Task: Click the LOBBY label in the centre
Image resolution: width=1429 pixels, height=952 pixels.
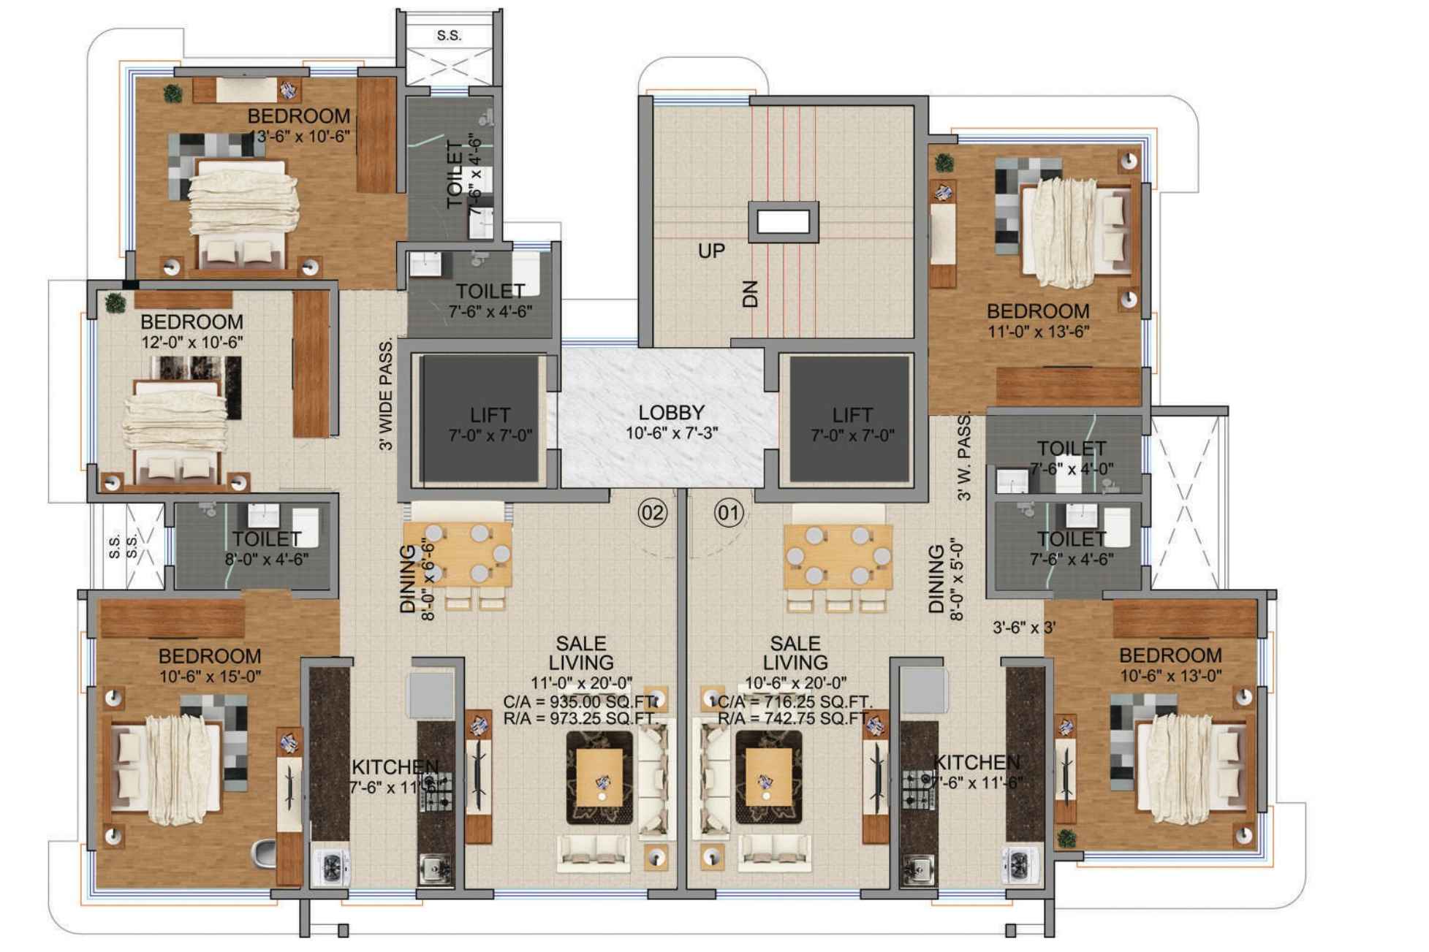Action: [671, 414]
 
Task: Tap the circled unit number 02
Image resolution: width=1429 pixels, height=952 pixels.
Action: [652, 513]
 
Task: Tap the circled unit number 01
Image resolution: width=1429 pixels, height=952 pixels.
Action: [728, 513]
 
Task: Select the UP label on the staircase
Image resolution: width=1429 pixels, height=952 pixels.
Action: [711, 251]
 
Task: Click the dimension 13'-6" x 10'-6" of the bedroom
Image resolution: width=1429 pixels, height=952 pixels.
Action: [300, 136]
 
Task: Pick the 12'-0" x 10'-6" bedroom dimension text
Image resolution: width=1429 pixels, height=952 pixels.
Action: [192, 342]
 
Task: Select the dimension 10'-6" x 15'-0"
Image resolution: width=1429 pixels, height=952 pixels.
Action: [211, 677]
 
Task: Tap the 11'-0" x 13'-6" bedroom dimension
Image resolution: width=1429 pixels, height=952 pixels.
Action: [1038, 332]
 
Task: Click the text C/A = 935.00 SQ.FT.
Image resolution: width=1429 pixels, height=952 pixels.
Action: [580, 702]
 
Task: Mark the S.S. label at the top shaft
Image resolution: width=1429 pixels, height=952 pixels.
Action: [449, 35]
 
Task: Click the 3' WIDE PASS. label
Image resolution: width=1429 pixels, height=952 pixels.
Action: [387, 395]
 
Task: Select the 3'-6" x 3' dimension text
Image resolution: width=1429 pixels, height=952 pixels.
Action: [1023, 627]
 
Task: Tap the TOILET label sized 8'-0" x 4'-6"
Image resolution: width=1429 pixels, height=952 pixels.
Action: [266, 539]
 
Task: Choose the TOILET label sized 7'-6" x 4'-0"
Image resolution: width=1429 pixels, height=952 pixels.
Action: [1072, 448]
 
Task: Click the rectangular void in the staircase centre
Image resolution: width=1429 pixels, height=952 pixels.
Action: [783, 221]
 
